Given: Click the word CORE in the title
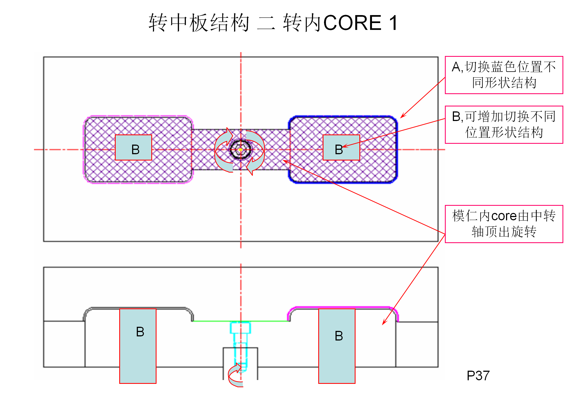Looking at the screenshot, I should coord(353,23).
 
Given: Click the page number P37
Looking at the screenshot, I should coord(478,376).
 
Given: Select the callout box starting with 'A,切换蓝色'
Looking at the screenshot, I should coord(504,75).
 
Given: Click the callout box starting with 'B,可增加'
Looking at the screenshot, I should coord(504,125).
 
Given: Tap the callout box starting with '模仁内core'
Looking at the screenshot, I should coord(504,224).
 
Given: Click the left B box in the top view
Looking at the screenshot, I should coord(133,148).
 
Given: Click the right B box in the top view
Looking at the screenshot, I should coord(341,148).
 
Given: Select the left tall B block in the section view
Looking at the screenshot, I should coord(138,346).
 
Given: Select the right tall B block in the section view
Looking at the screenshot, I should coord(337,346).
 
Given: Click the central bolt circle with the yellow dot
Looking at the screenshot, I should coord(240,150).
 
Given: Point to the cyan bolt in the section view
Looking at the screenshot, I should coord(240,340).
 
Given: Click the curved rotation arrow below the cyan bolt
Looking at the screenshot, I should coord(234,376).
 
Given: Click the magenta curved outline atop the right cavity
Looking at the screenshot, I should coord(343,308).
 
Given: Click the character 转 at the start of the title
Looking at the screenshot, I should coord(158,23).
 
